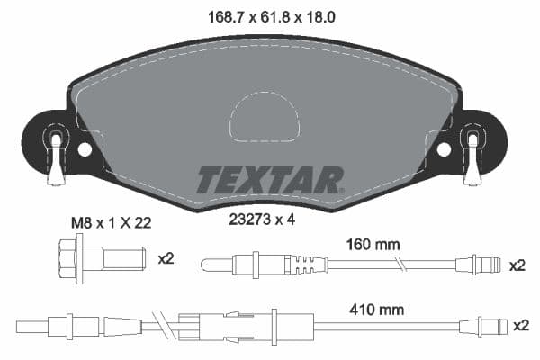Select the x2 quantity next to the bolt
pyautogui.click(x=166, y=259)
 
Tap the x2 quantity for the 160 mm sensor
pyautogui.click(x=517, y=265)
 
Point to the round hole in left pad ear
pyautogui.click(x=85, y=149)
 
